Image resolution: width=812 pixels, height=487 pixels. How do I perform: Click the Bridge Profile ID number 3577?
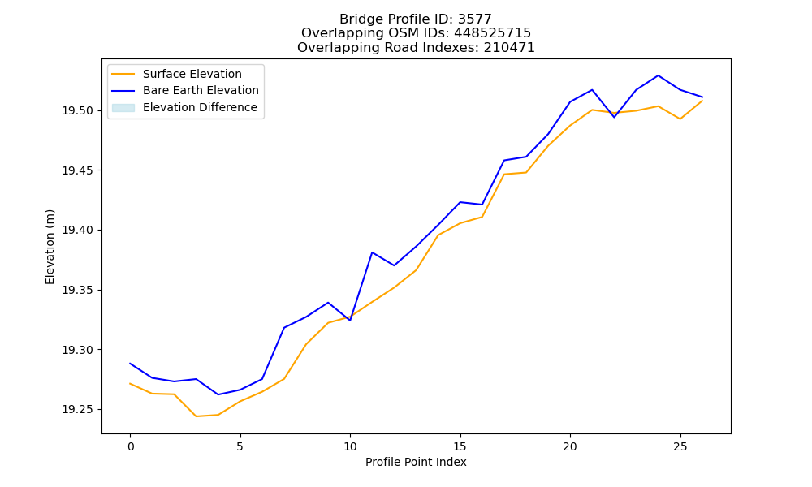point(474,19)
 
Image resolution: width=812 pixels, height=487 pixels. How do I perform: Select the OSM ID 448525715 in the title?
point(493,33)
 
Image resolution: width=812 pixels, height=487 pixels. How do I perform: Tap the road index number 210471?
point(509,48)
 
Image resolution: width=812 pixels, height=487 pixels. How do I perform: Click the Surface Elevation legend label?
point(192,74)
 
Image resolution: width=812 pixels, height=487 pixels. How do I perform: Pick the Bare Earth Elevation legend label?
point(201,90)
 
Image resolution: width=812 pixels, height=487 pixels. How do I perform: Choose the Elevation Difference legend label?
point(200,107)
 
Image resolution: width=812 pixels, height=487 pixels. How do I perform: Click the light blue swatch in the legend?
point(123,108)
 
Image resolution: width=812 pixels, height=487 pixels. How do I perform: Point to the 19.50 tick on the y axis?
point(78,110)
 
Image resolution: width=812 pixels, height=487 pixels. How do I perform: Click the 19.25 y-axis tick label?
point(78,410)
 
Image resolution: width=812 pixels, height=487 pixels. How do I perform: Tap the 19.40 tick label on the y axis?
point(78,231)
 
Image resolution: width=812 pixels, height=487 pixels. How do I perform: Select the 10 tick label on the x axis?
point(350,446)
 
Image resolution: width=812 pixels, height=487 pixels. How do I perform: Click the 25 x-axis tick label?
point(680,446)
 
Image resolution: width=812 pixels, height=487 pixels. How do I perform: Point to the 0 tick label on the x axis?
point(130,446)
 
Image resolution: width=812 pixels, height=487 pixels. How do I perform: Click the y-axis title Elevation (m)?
point(50,247)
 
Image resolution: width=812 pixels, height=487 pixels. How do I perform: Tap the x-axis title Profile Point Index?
point(416,462)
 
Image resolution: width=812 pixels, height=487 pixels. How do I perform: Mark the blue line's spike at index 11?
point(372,252)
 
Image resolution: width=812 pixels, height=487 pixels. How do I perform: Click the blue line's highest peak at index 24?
point(659,75)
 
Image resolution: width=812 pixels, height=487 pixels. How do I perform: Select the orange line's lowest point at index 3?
point(197,416)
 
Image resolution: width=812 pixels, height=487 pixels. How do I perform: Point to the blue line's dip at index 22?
point(614,117)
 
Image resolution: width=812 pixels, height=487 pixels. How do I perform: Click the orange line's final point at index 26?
point(702,101)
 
